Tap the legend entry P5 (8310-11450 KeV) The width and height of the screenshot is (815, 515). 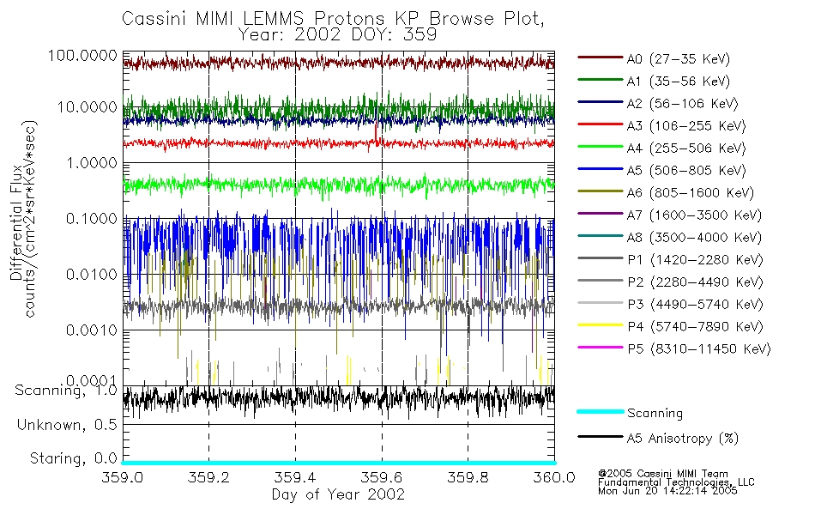(698, 349)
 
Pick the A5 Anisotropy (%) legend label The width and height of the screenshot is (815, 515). (683, 439)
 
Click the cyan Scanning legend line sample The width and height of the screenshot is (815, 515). (600, 413)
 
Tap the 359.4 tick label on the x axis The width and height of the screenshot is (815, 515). (295, 477)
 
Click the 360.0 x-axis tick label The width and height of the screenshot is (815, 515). (553, 477)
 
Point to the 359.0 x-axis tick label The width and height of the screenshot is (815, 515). (124, 477)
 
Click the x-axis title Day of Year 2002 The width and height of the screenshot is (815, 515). (338, 494)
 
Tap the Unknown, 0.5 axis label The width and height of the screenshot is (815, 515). (67, 424)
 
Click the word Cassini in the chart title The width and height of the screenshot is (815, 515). (151, 18)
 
